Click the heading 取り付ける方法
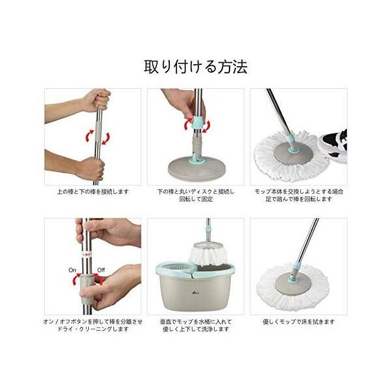click(196, 67)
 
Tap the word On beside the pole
click(72, 270)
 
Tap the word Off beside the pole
click(101, 270)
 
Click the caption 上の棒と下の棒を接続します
click(93, 192)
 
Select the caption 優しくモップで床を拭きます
click(298, 322)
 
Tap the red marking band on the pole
click(87, 255)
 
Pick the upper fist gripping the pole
click(96, 100)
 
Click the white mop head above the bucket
click(208, 256)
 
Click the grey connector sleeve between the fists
click(99, 132)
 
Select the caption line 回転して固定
click(196, 199)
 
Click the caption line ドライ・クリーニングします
click(93, 329)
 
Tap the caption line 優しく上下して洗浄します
click(196, 329)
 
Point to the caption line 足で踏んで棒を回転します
click(299, 199)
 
